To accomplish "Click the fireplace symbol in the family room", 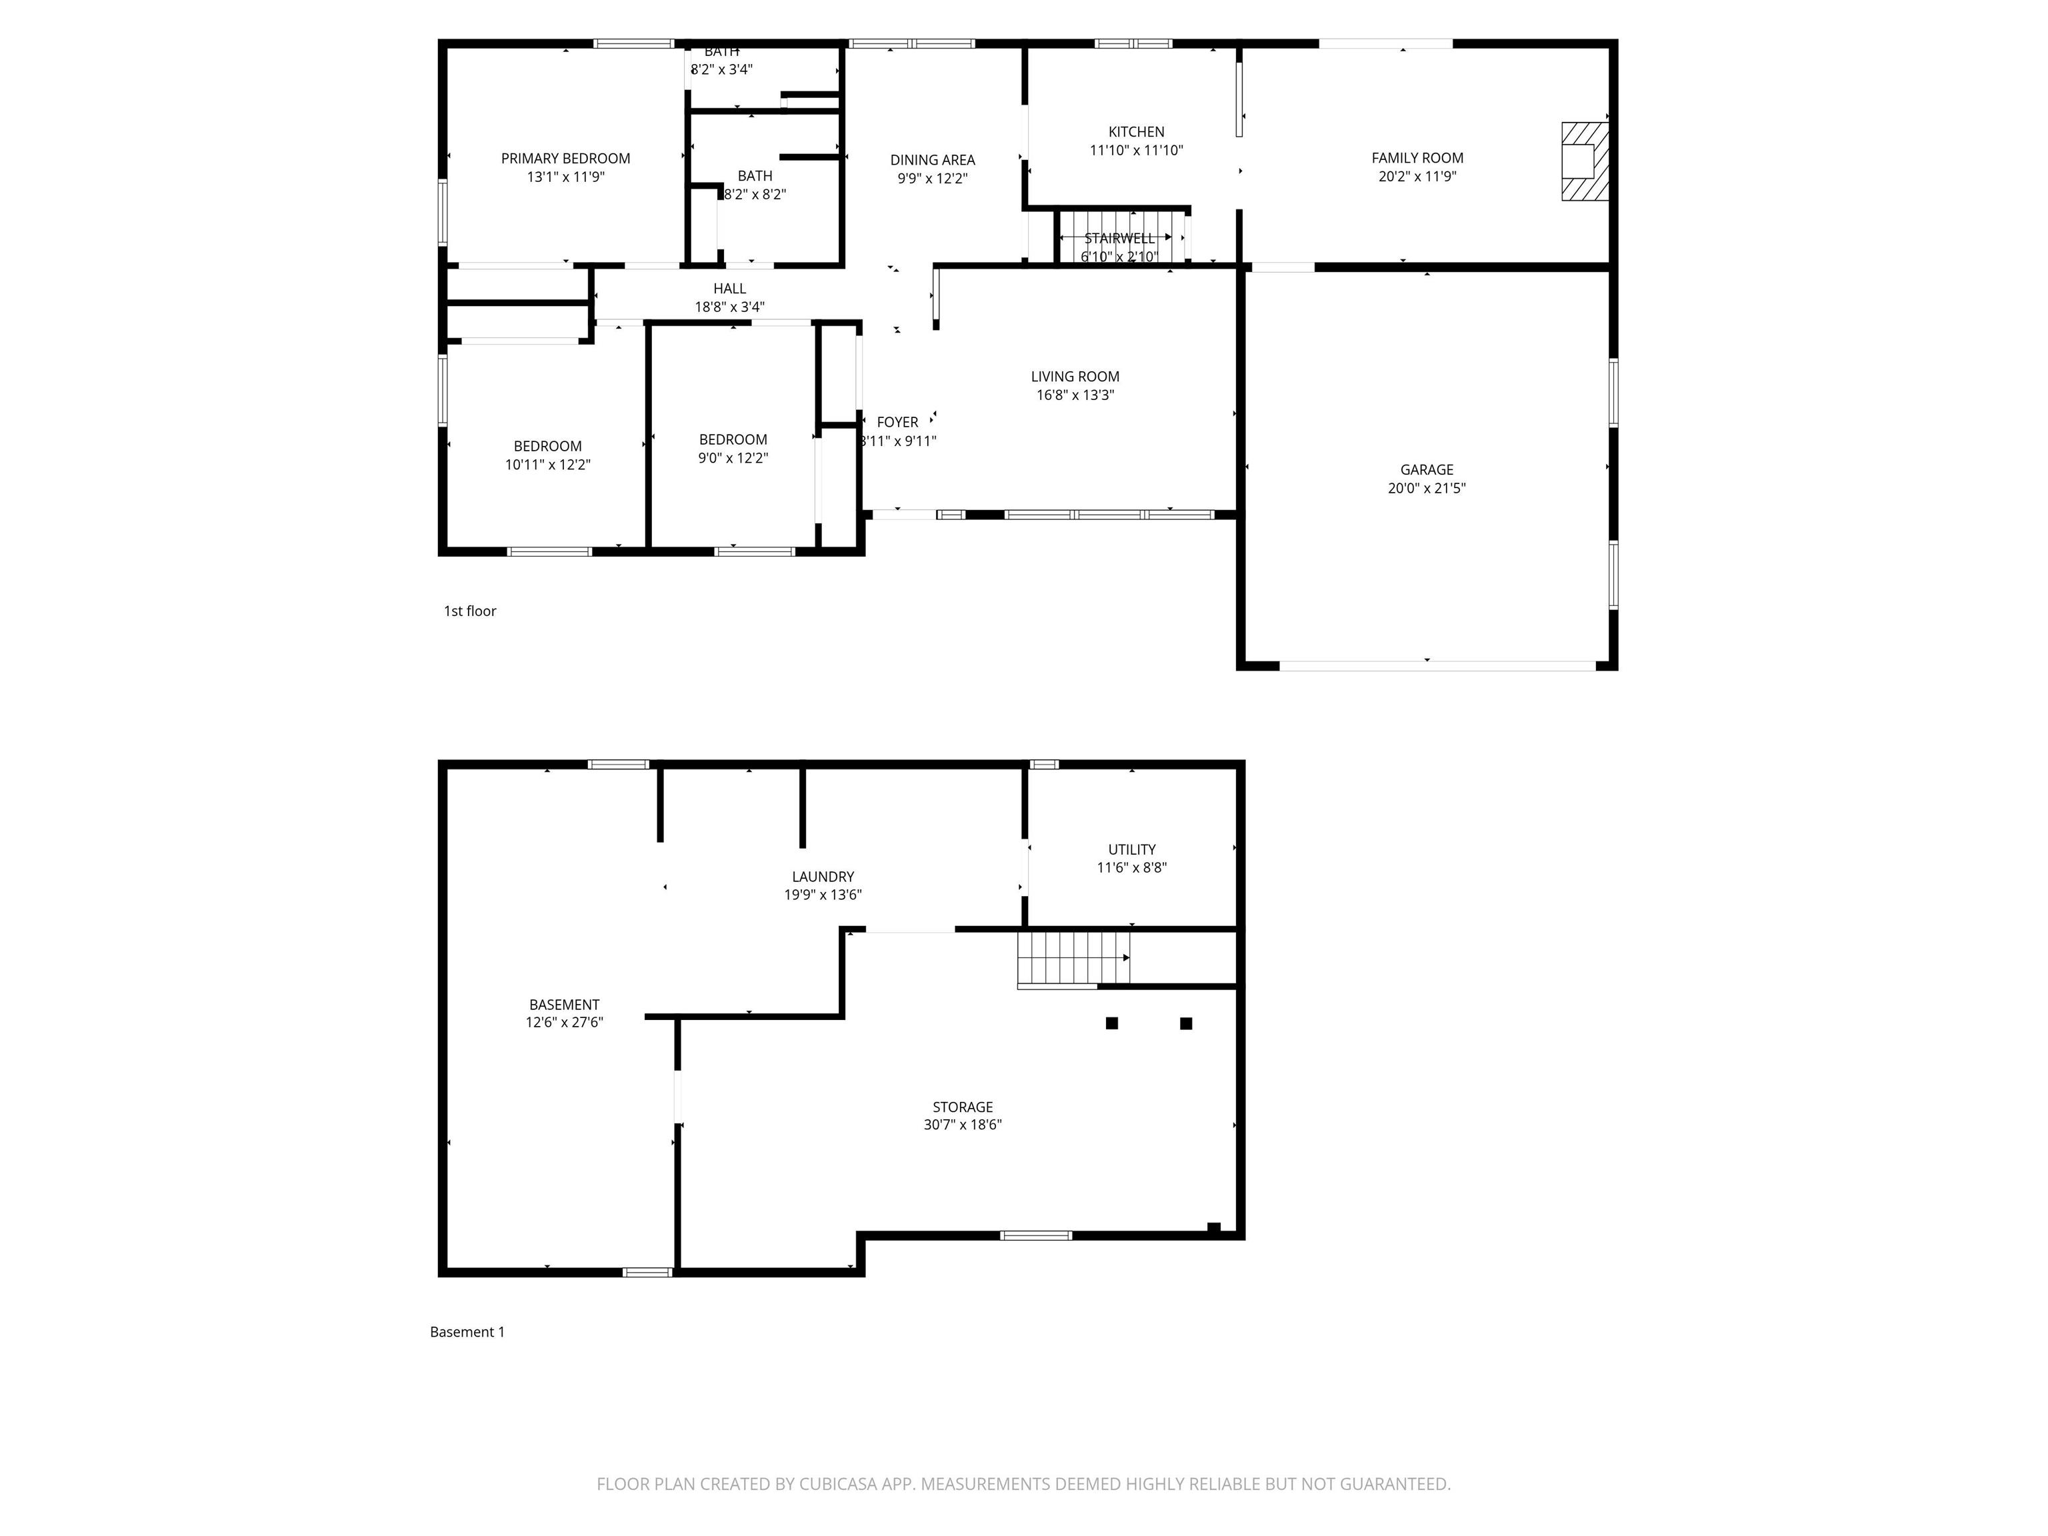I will click(1584, 161).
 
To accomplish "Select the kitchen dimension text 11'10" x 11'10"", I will click(1136, 150).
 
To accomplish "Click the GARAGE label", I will click(1426, 469).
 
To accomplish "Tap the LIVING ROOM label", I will click(1074, 376).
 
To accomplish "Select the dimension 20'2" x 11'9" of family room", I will click(1417, 176).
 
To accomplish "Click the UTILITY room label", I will click(1131, 849).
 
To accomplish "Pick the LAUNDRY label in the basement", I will click(822, 876).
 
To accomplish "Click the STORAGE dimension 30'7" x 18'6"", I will click(962, 1125).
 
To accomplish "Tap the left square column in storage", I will click(1111, 1023).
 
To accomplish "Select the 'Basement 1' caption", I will click(467, 1331).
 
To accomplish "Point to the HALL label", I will click(729, 289).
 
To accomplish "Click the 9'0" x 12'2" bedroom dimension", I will click(733, 457).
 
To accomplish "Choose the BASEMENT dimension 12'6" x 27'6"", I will click(564, 1022).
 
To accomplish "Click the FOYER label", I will click(897, 422).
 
